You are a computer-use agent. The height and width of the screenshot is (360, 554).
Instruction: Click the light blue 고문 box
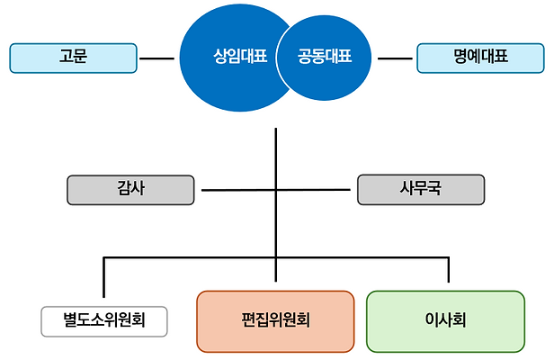pos(73,58)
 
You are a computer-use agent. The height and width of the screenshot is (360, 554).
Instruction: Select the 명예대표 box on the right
pos(481,58)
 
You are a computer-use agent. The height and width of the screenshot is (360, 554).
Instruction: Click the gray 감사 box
pos(130,190)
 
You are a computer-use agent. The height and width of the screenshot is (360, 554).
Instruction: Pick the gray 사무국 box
pos(421,190)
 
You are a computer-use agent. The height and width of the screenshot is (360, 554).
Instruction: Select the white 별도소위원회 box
pos(104,319)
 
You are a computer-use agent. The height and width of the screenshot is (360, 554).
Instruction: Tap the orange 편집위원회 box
pos(275,320)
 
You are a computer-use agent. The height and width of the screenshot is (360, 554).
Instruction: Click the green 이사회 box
pos(445,320)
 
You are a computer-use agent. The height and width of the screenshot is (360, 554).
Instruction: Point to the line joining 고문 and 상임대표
pos(157,59)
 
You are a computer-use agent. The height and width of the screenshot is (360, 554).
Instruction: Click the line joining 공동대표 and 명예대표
pos(395,59)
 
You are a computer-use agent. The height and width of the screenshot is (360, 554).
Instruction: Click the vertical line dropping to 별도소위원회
pos(104,279)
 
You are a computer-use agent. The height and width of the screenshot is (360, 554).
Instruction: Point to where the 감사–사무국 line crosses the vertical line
pos(275,190)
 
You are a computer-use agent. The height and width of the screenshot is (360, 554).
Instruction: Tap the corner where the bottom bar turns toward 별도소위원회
pos(104,259)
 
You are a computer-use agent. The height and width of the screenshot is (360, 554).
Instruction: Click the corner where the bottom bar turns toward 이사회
pos(447,259)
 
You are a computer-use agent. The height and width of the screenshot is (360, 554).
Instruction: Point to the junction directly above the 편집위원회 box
pos(275,259)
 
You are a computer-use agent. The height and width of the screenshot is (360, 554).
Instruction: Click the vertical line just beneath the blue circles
pos(275,144)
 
